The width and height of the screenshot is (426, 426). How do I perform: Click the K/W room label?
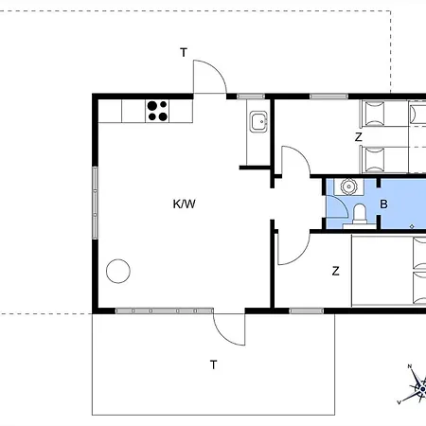point(185,204)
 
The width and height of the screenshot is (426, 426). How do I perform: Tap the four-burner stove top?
point(157,111)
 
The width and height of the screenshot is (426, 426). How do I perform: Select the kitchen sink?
point(258,121)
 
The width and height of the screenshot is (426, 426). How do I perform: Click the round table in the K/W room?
point(118,271)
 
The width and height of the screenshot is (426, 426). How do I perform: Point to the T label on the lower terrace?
point(214,364)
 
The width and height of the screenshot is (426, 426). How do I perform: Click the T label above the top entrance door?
point(184,52)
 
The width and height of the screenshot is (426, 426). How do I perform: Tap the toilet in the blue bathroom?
point(360,216)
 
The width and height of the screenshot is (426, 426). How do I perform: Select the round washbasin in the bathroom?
point(348,186)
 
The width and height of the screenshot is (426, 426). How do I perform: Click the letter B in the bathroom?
point(383,204)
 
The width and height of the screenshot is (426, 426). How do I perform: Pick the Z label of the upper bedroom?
point(358,137)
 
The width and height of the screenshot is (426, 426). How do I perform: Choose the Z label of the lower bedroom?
point(336,271)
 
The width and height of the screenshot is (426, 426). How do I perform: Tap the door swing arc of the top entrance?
point(217,70)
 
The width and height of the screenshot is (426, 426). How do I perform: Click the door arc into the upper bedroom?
point(302,154)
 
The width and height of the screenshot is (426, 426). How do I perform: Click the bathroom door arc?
point(342,203)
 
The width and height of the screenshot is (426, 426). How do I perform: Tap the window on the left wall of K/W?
point(95,203)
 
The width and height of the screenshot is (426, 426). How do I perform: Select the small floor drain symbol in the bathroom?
point(412,226)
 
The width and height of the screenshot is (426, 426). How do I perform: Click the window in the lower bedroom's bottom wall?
point(307,311)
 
